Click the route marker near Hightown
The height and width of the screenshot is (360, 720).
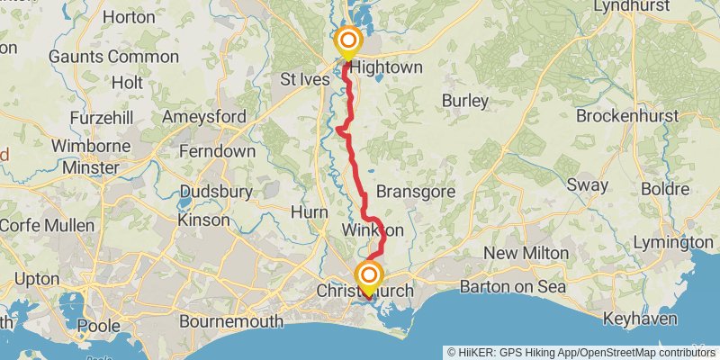tap(346, 41)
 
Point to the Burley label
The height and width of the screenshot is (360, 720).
tap(464, 100)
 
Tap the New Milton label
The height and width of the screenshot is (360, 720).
tap(526, 254)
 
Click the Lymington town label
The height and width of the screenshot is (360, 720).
tap(673, 243)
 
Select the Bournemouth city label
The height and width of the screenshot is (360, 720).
tap(232, 320)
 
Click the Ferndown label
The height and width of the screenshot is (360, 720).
tap(217, 151)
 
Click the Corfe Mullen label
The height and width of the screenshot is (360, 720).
tap(34, 226)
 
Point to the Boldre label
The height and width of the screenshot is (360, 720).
tap(665, 190)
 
